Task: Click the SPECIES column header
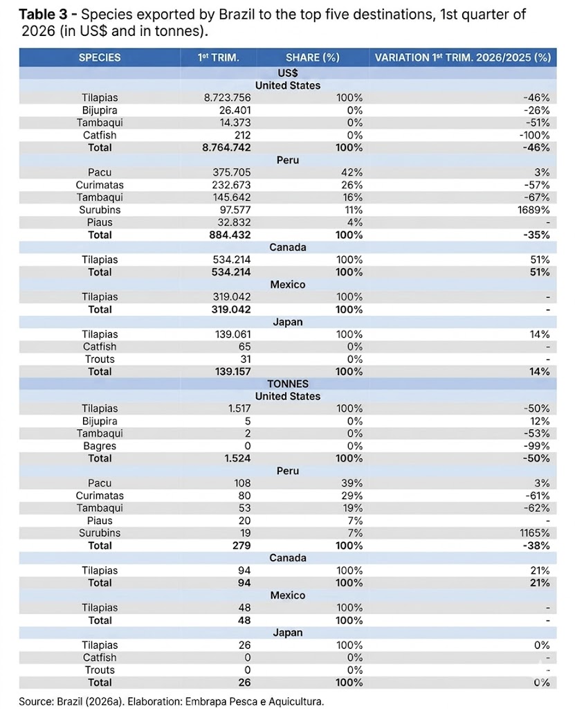click(x=99, y=57)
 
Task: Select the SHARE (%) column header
click(x=313, y=57)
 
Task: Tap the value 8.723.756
click(x=227, y=98)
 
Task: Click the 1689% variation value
click(x=533, y=210)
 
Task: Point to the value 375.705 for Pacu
click(x=231, y=172)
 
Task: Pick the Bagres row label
click(x=99, y=446)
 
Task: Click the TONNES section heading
click(x=287, y=384)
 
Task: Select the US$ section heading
click(x=287, y=73)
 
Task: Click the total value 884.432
click(x=230, y=235)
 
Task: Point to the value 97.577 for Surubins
click(x=233, y=210)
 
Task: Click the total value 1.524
click(x=237, y=458)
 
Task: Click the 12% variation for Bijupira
click(x=540, y=421)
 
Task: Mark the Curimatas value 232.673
click(x=231, y=185)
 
